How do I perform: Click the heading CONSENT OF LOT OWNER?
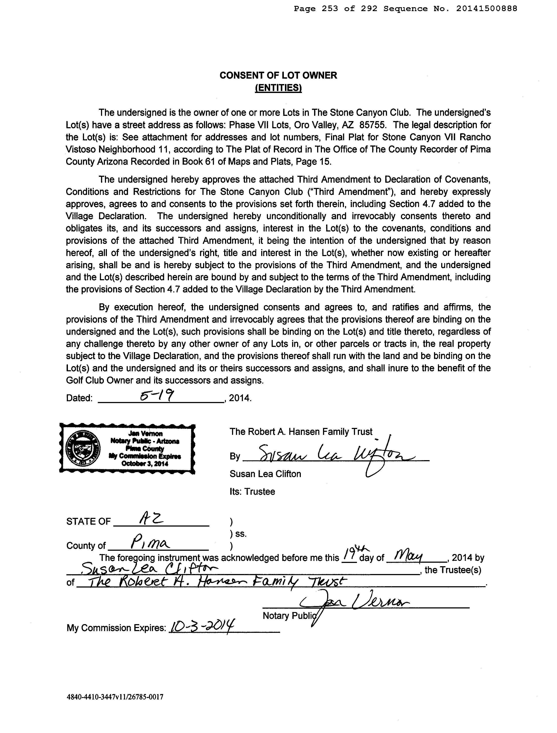[278, 76]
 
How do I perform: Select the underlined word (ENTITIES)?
[278, 88]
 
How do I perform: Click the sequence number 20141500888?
[486, 9]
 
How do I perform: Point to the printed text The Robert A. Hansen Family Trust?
[301, 432]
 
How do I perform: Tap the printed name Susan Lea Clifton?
[265, 474]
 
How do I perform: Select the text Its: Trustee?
[252, 491]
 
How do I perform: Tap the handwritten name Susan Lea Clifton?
[149, 569]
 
